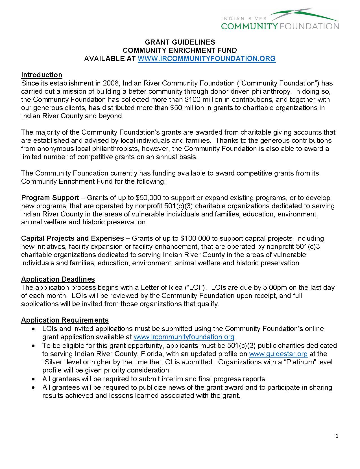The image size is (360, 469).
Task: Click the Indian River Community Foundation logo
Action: [x=280, y=20]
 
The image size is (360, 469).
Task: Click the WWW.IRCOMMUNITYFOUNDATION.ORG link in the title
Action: [x=206, y=59]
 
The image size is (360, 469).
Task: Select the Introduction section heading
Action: [x=42, y=75]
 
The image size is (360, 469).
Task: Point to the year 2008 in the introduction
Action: [x=110, y=83]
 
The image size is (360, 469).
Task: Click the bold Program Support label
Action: [x=50, y=198]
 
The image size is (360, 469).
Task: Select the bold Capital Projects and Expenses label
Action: [x=72, y=238]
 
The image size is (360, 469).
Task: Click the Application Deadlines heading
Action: [x=58, y=279]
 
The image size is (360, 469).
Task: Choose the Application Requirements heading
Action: [x=65, y=320]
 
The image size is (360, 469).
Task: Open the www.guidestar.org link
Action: [x=278, y=354]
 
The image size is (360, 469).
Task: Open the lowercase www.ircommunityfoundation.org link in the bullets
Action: [x=184, y=337]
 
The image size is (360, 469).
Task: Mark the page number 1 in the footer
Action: [x=337, y=437]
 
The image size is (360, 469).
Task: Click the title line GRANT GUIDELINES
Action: [x=180, y=42]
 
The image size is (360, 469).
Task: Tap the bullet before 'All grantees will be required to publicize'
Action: [x=34, y=387]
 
